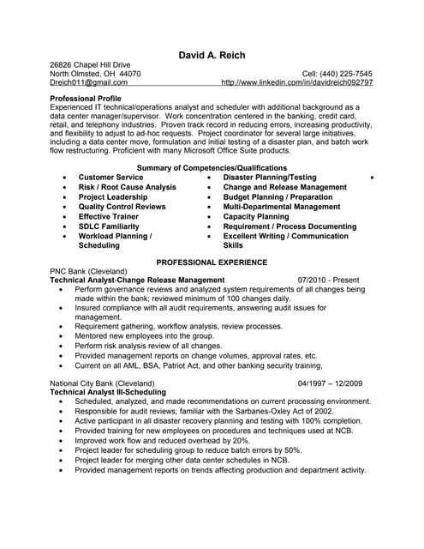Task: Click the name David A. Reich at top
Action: (212, 56)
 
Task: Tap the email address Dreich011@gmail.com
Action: (82, 84)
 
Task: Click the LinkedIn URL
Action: (296, 84)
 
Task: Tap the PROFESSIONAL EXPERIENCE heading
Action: (212, 262)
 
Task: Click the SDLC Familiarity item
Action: (110, 226)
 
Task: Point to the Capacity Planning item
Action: (256, 217)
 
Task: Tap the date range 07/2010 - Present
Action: (329, 280)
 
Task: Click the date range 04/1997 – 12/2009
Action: (330, 383)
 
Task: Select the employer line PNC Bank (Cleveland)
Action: (88, 271)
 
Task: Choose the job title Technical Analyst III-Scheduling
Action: (108, 392)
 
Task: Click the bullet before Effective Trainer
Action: (66, 217)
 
